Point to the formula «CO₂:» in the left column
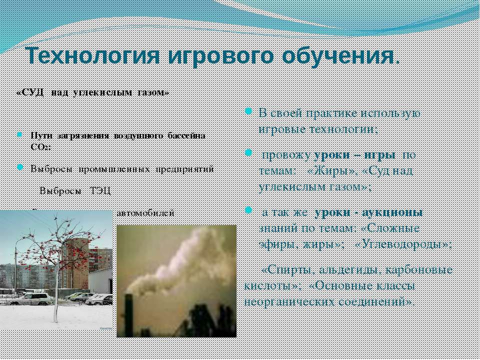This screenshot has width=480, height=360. click(40, 147)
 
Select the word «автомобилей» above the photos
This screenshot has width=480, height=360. click(145, 212)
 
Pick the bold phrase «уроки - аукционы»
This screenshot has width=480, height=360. click(369, 212)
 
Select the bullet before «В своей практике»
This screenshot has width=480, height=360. click(248, 111)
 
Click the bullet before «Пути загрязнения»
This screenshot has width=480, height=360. click(19, 135)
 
